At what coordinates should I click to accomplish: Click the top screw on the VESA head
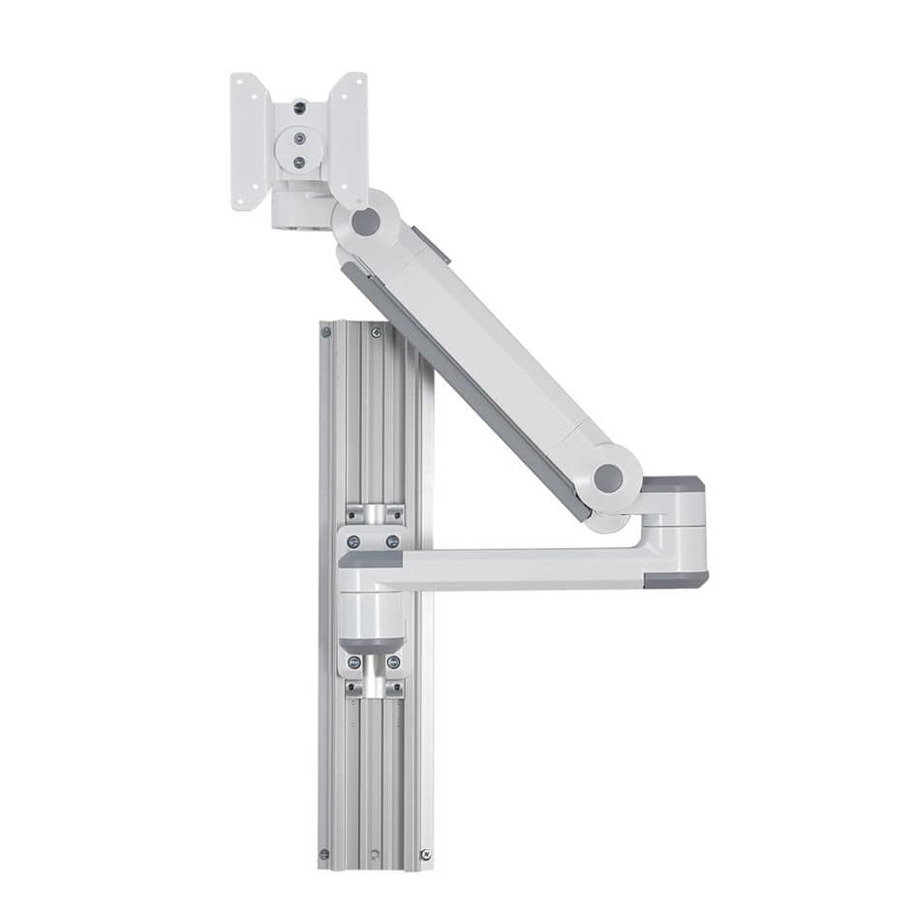click(x=299, y=107)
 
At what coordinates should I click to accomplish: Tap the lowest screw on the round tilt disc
click(x=299, y=162)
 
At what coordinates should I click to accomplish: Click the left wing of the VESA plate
click(x=249, y=140)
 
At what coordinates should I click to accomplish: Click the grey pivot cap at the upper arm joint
click(x=366, y=222)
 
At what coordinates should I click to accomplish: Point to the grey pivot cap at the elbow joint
click(x=608, y=476)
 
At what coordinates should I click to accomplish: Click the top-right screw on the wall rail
click(x=376, y=332)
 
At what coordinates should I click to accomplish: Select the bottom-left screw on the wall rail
click(x=326, y=853)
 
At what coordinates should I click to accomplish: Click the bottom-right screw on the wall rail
click(x=425, y=853)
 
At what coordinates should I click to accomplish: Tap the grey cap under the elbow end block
click(x=675, y=578)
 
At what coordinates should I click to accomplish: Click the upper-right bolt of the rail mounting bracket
click(x=392, y=540)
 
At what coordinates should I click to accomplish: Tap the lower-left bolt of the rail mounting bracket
click(x=354, y=662)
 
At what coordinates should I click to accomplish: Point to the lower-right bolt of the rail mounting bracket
click(x=393, y=662)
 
